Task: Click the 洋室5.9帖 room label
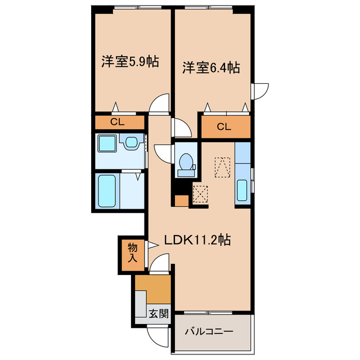129,62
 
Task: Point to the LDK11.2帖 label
197,240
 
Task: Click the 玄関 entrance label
159,314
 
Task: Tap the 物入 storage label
132,253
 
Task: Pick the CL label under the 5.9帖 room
117,122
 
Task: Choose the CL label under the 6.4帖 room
223,127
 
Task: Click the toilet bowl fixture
185,162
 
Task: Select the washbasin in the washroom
132,143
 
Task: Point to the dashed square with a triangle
223,166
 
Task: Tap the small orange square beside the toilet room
181,200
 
